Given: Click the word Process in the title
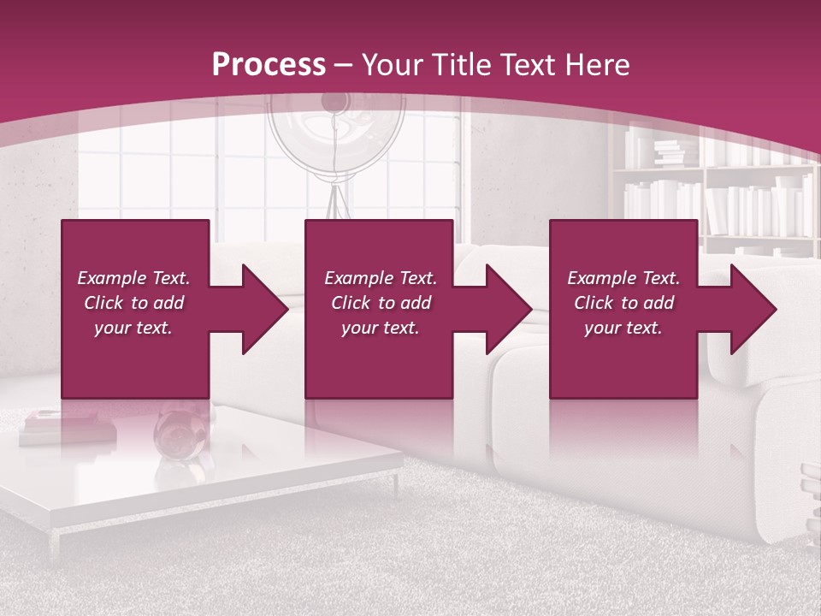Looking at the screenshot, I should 269,64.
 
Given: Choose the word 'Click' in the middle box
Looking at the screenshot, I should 351,303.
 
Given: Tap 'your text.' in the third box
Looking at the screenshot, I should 623,328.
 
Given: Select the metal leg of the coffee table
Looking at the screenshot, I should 395,484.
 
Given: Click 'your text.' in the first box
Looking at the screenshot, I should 133,328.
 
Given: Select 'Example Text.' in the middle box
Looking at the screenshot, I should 380,278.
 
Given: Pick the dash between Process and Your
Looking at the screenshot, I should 344,65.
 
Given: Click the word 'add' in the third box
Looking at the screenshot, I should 659,303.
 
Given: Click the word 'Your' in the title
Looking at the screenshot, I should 391,64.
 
